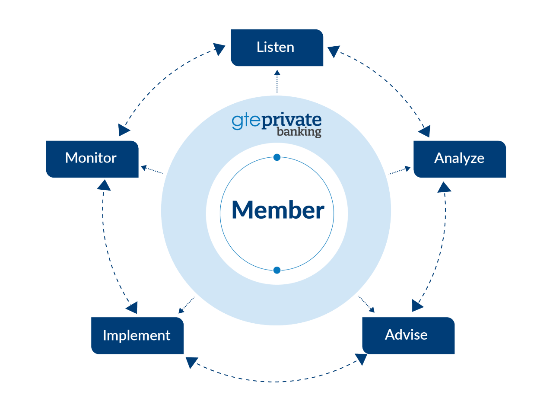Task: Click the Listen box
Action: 277,48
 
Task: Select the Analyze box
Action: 460,159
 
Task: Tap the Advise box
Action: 408,335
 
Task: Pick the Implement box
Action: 137,335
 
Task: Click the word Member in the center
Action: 278,210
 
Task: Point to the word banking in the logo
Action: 299,131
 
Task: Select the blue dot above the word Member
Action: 277,157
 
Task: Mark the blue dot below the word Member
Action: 277,270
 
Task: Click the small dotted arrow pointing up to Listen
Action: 277,82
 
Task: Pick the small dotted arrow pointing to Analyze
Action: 399,171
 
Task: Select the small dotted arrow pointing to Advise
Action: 366,304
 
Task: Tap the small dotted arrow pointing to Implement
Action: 187,305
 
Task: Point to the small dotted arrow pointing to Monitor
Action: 152,170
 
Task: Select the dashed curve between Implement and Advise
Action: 276,382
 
